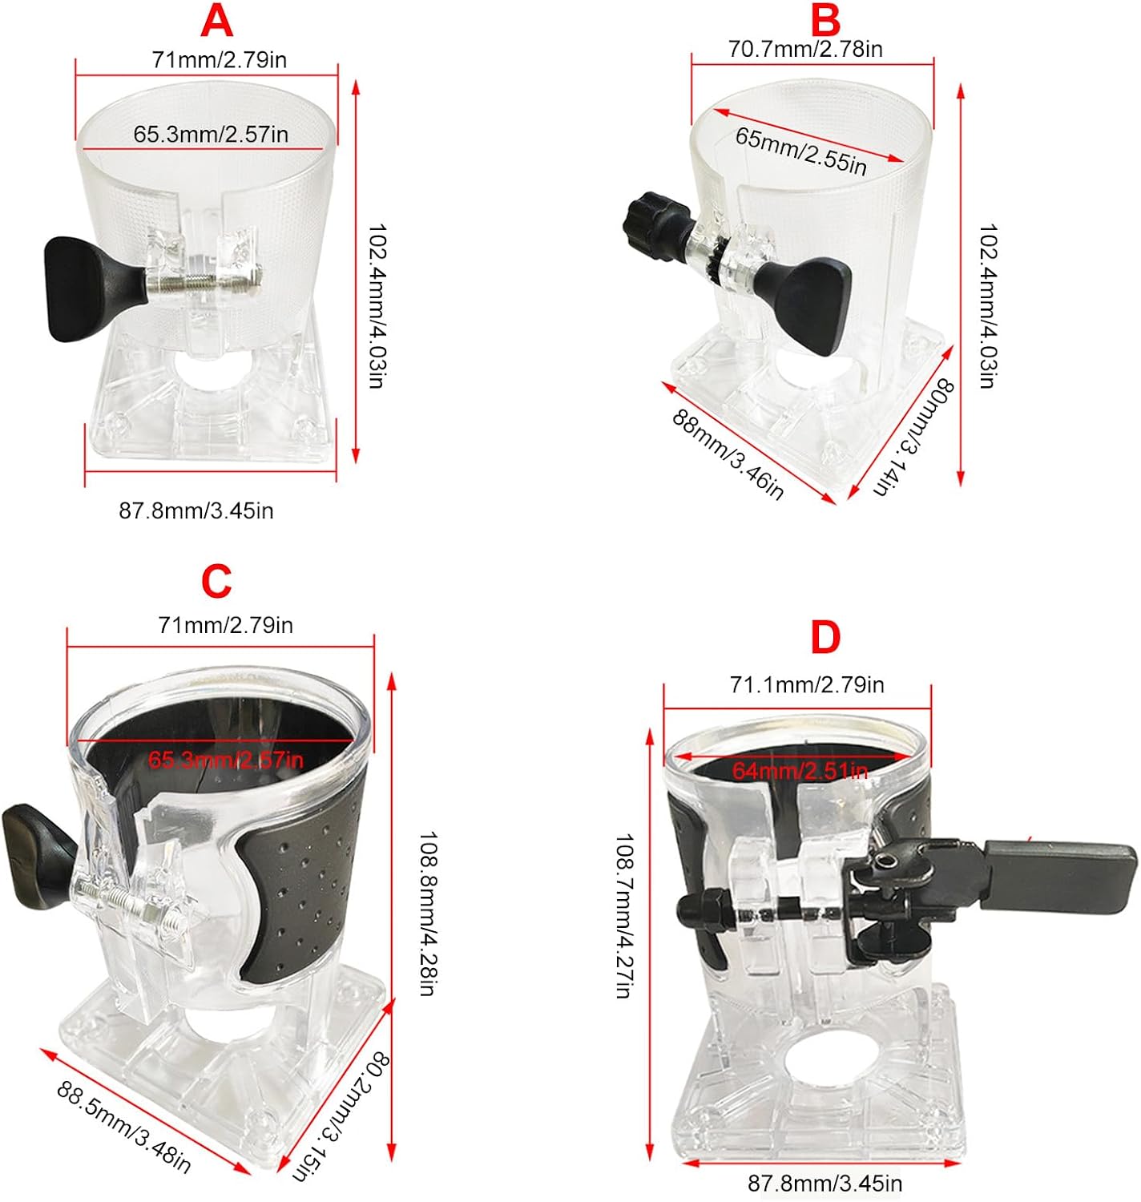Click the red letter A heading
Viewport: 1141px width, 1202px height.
pos(216,22)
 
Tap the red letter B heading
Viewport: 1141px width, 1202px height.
pos(825,20)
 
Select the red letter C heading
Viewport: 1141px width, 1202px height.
pos(216,582)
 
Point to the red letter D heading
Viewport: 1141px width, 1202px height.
pos(825,637)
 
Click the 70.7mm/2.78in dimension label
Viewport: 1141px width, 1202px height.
pos(805,49)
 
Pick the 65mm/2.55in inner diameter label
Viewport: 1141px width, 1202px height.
pos(800,151)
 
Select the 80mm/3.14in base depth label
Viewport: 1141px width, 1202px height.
pos(913,437)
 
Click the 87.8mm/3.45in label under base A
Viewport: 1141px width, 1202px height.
pos(196,510)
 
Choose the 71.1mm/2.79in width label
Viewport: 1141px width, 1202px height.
pos(807,684)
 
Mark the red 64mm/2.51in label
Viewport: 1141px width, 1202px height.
pos(800,770)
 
